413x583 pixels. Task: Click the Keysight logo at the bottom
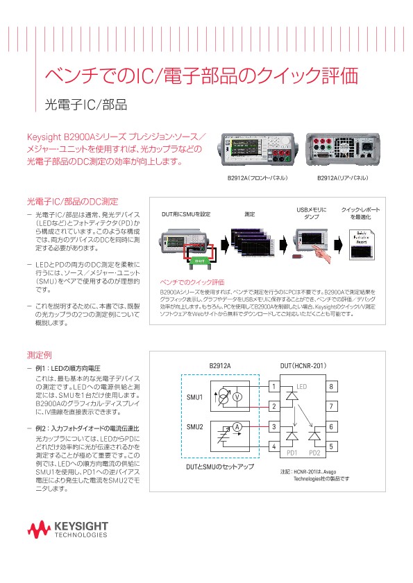67,530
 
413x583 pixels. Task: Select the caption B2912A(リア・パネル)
342,178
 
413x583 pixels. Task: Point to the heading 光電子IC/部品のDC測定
72,202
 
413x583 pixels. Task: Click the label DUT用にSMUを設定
185,214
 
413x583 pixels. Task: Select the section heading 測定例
38,356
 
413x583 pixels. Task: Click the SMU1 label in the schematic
194,397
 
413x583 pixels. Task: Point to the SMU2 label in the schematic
194,427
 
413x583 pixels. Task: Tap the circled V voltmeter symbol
236,397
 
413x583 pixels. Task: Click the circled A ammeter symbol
236,427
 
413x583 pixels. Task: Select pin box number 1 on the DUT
274,386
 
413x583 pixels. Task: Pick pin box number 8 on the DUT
332,386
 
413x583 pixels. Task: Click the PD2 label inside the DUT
314,453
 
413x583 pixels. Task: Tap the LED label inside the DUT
301,386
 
